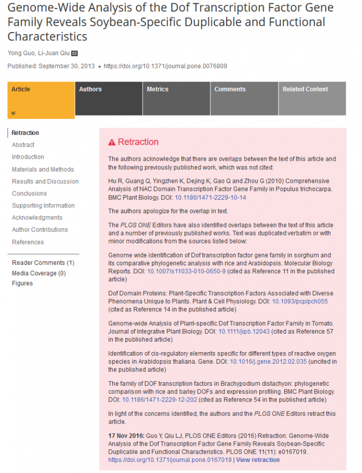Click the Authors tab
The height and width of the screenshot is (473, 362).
90,89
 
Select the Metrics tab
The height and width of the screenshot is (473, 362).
157,89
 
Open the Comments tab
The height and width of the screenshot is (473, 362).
230,89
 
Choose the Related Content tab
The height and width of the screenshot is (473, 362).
305,89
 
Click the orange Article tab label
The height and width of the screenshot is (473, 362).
21,89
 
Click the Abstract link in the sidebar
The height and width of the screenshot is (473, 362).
23,145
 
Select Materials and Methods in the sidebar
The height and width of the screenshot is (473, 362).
43,169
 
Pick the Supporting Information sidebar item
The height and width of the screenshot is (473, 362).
43,205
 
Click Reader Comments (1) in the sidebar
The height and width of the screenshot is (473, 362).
43,263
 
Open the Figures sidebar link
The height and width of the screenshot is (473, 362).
22,283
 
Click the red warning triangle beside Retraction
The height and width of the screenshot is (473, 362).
112,142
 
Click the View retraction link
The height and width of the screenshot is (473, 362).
258,460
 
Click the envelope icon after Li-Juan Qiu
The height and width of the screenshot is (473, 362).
74,53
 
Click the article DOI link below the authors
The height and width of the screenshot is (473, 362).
165,66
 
